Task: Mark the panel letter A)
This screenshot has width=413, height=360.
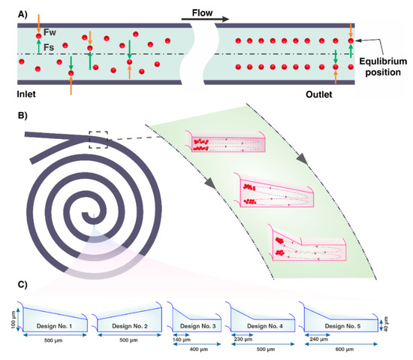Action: [x=12, y=10]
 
